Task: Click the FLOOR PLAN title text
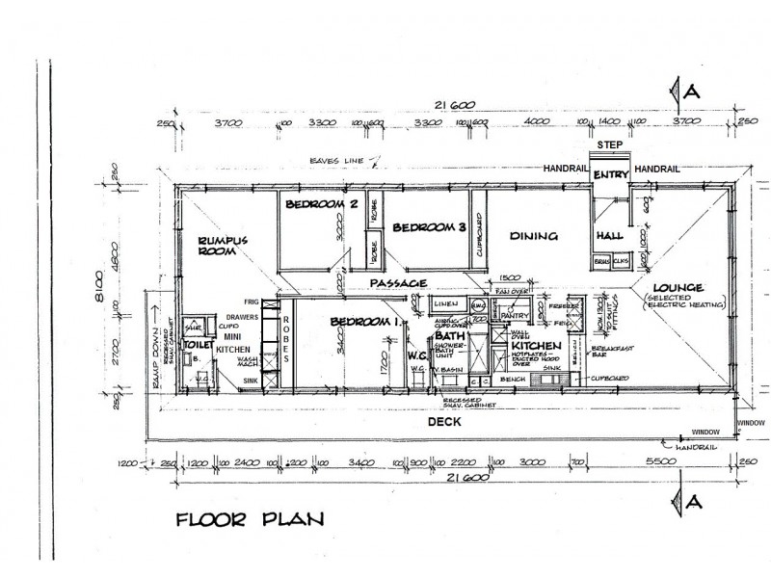250,520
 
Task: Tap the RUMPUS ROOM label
224,247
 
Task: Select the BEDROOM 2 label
321,204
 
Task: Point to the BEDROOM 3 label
429,228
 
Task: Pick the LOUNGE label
678,288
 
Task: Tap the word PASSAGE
398,283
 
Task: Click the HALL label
609,235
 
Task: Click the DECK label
445,421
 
